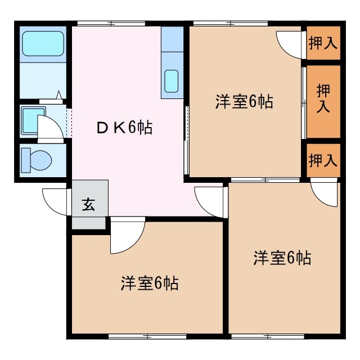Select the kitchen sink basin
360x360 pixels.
[x=172, y=80]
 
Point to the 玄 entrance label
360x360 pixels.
[x=89, y=204]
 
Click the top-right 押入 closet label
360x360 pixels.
[x=323, y=43]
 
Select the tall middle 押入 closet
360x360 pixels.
[x=323, y=100]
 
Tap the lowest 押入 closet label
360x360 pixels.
[x=323, y=160]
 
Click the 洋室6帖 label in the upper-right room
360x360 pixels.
[x=244, y=102]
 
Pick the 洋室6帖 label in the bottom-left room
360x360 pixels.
[x=149, y=283]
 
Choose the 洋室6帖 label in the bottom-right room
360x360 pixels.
[x=282, y=258]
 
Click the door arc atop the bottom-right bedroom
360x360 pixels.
[x=325, y=194]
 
